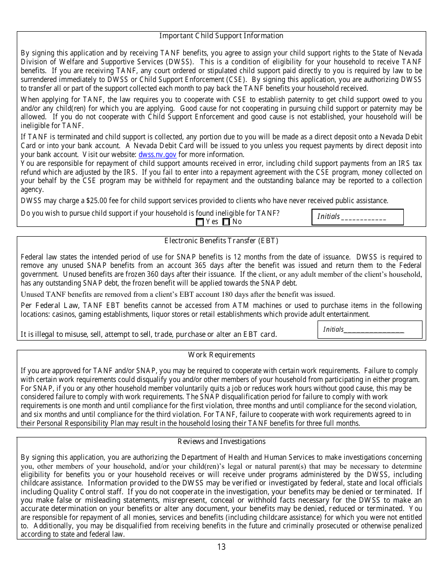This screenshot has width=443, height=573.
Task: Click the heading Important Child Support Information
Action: (x=221, y=36)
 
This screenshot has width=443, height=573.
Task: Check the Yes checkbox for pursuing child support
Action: (x=200, y=222)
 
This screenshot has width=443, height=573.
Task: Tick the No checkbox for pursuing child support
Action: (x=226, y=222)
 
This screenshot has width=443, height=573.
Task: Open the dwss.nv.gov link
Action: (x=157, y=155)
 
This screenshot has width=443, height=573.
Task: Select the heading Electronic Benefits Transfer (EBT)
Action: (x=221, y=241)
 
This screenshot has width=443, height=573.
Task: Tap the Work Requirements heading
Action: (x=221, y=355)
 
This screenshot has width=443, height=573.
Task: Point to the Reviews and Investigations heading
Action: (x=221, y=442)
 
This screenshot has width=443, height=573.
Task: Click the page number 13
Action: (x=221, y=547)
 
